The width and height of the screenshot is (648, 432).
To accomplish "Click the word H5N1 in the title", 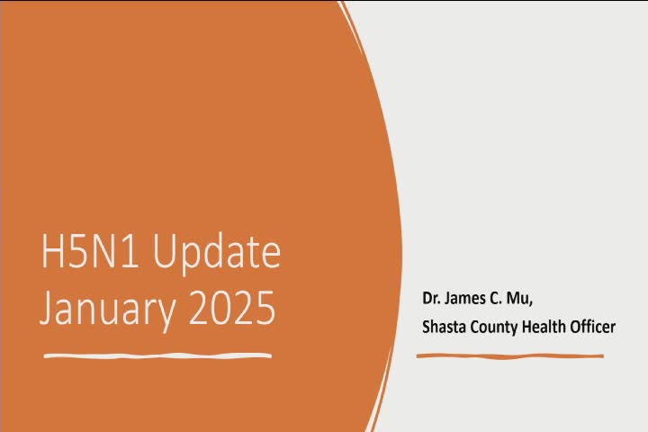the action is click(x=90, y=251).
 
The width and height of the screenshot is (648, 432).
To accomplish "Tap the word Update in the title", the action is click(x=217, y=253).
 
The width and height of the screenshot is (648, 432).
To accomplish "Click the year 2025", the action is click(x=232, y=308).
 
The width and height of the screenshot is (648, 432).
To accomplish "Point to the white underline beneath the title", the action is click(x=157, y=355).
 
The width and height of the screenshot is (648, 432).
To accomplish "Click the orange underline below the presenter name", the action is click(x=510, y=355).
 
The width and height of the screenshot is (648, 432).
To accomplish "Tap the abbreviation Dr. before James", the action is click(x=430, y=298).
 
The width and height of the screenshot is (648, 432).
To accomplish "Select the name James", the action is click(x=465, y=298).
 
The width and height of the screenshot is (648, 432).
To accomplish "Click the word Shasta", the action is click(x=444, y=327).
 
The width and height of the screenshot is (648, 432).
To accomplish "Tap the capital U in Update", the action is click(x=166, y=251).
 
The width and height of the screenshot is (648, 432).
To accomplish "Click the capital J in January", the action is click(x=48, y=308).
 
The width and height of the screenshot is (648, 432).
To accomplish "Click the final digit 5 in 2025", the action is click(x=265, y=308).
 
